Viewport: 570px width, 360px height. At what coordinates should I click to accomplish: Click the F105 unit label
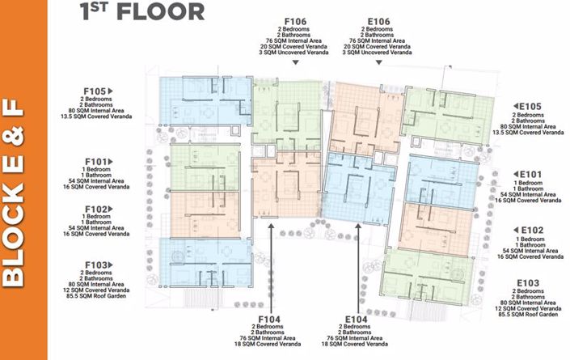(x=95, y=91)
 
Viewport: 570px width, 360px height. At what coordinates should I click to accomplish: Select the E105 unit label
(x=530, y=107)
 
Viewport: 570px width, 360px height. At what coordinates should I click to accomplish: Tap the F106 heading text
(x=295, y=22)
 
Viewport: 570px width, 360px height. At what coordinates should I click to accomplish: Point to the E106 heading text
(x=379, y=22)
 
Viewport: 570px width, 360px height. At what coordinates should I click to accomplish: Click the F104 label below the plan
(x=269, y=320)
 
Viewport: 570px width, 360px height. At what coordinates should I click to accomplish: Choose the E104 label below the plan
(x=356, y=320)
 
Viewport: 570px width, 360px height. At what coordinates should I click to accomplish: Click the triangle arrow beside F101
(x=111, y=162)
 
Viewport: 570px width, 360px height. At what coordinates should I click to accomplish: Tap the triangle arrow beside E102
(x=516, y=230)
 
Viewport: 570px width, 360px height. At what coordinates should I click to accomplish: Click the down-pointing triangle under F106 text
(x=296, y=62)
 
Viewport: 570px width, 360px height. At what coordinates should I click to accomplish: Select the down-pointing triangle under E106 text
(x=379, y=62)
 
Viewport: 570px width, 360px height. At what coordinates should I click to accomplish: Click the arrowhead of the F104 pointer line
(x=271, y=227)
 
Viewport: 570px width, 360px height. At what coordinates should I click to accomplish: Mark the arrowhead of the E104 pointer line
(x=358, y=227)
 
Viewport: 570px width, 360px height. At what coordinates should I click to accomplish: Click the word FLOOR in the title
(x=161, y=11)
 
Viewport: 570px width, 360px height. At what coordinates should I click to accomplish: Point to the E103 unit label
(x=528, y=283)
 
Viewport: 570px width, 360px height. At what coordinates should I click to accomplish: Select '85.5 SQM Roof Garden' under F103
(x=96, y=296)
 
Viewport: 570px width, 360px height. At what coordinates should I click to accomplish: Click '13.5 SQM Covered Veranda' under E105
(x=528, y=133)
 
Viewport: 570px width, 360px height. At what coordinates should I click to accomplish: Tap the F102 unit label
(x=95, y=210)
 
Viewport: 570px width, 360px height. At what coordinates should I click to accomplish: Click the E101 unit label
(x=530, y=175)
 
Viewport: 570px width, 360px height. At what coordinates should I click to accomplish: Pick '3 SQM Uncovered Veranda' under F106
(x=293, y=53)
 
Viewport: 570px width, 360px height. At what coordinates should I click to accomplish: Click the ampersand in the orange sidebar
(x=13, y=137)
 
